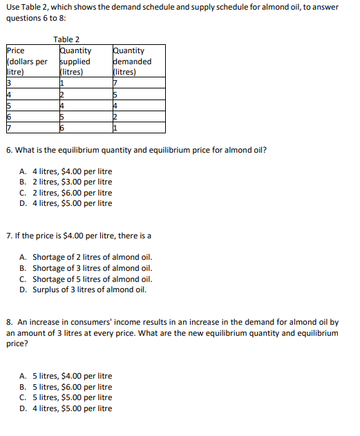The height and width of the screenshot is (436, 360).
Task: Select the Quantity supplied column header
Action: point(76,61)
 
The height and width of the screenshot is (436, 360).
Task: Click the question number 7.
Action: point(8,236)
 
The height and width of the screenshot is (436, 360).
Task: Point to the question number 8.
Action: point(8,322)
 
